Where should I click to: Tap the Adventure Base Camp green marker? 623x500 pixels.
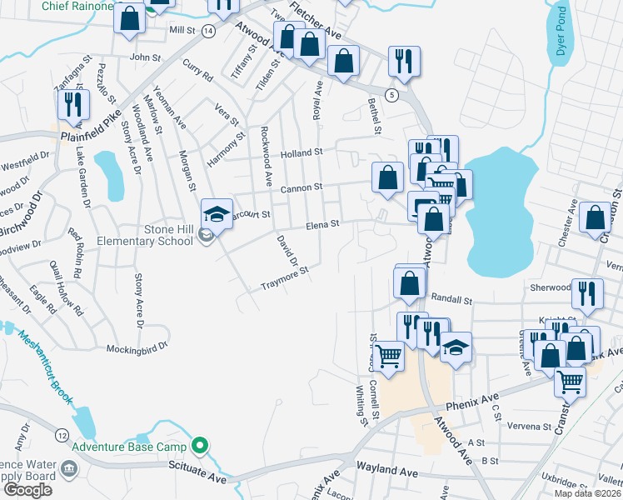point(199,446)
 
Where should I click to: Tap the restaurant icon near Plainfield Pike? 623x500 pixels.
point(73,105)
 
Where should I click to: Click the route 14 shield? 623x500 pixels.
point(207,30)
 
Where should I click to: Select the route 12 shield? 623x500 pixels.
point(62,435)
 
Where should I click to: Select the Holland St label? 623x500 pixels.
point(301,152)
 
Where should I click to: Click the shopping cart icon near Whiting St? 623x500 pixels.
point(388,357)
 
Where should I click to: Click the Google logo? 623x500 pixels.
point(28,490)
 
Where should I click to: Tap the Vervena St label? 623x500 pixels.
point(531,426)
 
